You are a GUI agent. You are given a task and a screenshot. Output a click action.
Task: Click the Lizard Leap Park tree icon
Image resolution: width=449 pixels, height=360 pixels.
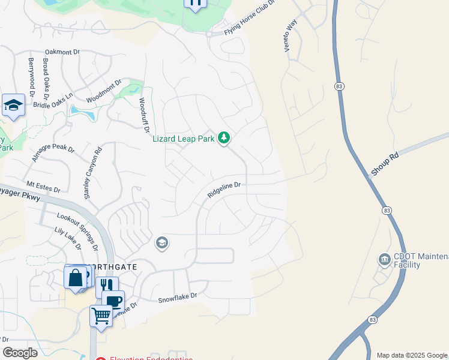click(x=224, y=139)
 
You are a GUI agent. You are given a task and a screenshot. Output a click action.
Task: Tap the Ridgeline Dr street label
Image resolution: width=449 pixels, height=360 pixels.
click(x=224, y=190)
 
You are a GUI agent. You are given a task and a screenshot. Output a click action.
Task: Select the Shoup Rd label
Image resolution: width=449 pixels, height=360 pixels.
click(x=385, y=163)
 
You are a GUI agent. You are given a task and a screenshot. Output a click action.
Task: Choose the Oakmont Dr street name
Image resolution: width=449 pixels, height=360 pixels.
click(x=62, y=52)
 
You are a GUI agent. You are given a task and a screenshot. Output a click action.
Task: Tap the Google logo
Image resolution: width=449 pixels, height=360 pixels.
click(x=20, y=352)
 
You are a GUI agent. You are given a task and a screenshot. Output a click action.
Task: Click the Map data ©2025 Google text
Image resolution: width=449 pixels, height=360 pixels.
click(x=411, y=355)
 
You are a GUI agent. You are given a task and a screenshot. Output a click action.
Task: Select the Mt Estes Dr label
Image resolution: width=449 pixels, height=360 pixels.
click(x=43, y=185)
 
